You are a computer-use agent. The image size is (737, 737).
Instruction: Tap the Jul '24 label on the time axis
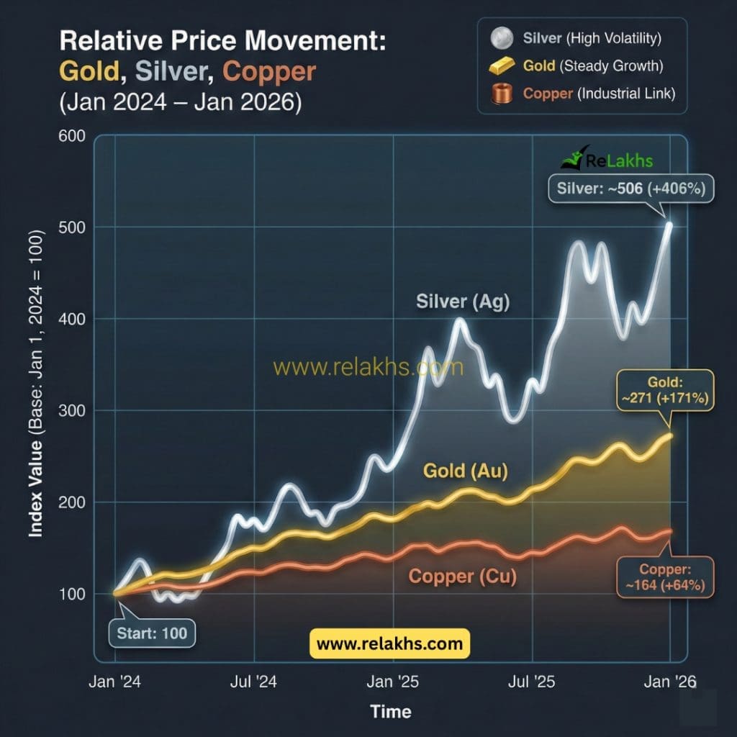(254, 682)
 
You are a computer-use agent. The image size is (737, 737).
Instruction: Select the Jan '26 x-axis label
(669, 682)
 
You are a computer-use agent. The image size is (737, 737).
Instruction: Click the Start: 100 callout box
(152, 633)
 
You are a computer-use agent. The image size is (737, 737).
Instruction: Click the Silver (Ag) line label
(463, 302)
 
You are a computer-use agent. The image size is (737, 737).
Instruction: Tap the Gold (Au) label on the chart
(466, 472)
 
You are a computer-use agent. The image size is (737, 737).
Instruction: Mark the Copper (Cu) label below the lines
(462, 577)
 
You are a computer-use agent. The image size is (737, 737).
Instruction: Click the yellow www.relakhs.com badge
(389, 643)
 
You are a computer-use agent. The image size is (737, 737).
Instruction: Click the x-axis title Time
(390, 712)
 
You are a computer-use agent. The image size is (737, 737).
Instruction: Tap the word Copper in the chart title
(269, 71)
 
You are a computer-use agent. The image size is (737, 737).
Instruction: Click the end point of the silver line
(669, 225)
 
